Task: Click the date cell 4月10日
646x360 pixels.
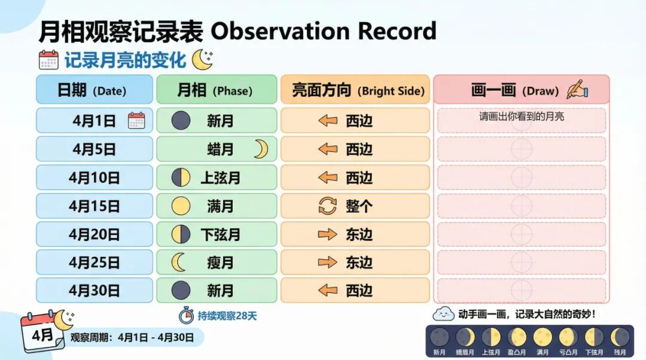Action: pyautogui.click(x=95, y=178)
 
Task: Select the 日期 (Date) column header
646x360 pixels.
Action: pyautogui.click(x=95, y=90)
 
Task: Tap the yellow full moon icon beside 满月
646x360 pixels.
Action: pyautogui.click(x=181, y=206)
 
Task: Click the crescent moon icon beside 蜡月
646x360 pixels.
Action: pyautogui.click(x=260, y=149)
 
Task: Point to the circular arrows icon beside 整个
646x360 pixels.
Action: pyautogui.click(x=327, y=206)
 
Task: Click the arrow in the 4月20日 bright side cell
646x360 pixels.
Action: pyautogui.click(x=327, y=234)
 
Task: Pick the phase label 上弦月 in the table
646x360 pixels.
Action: pyautogui.click(x=220, y=178)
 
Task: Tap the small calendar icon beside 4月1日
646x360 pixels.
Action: pyautogui.click(x=136, y=121)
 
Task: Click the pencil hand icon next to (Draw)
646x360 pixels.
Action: pyautogui.click(x=577, y=90)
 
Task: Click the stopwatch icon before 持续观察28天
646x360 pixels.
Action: pyautogui.click(x=186, y=315)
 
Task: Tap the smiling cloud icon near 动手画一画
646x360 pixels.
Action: pyautogui.click(x=443, y=313)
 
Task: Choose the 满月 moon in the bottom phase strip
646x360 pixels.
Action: pyautogui.click(x=543, y=337)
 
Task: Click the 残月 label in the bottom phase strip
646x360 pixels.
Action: pyautogui.click(x=619, y=352)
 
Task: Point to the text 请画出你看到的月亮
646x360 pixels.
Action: pyautogui.click(x=521, y=116)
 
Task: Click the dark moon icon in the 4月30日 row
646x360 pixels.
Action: pyautogui.click(x=181, y=291)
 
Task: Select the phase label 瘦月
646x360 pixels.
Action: pyautogui.click(x=220, y=263)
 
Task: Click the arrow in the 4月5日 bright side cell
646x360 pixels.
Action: pyautogui.click(x=327, y=150)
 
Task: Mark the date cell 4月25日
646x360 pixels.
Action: pyautogui.click(x=95, y=263)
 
